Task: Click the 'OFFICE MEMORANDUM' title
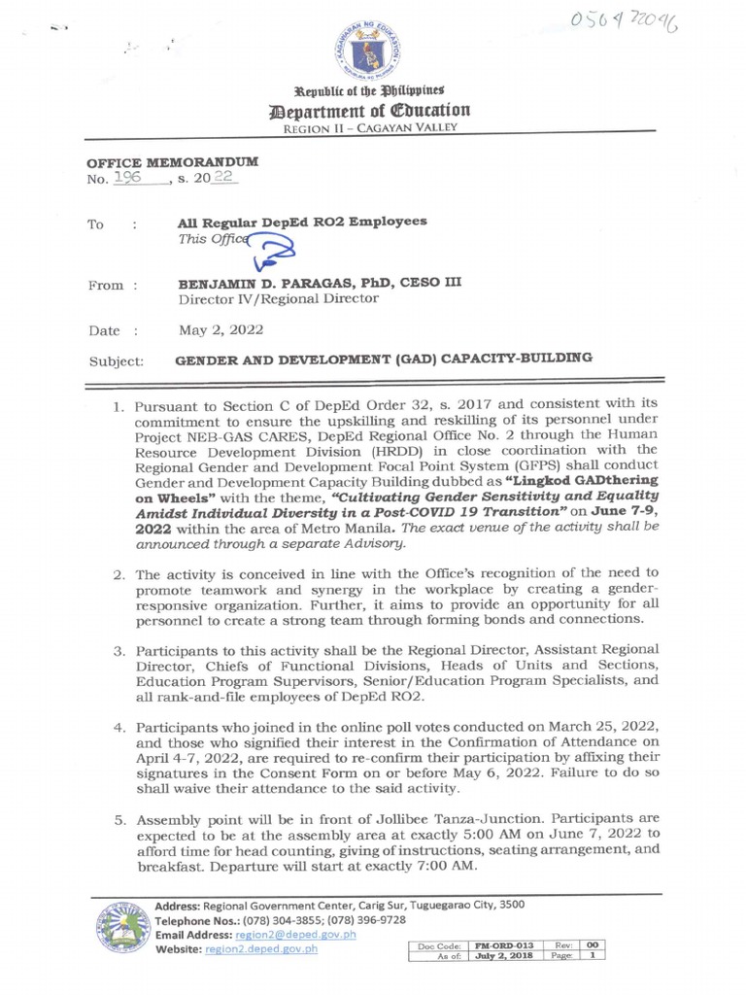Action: (173, 161)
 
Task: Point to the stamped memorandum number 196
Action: (127, 177)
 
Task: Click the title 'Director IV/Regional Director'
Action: (278, 299)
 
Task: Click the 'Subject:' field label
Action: (116, 360)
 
